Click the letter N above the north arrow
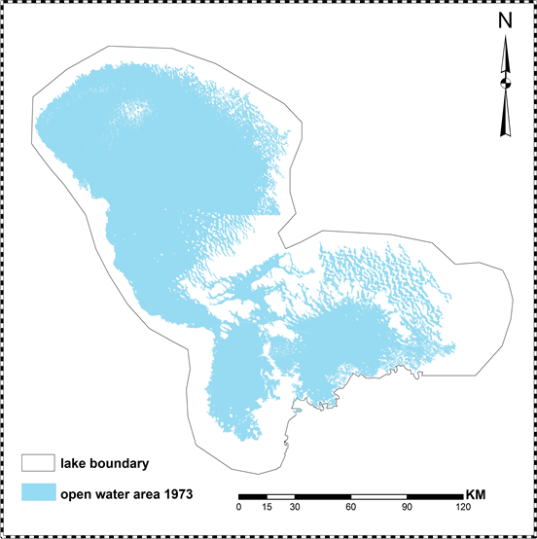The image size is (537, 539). (x=504, y=19)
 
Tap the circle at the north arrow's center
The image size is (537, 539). (x=504, y=85)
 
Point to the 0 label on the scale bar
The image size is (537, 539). (x=239, y=507)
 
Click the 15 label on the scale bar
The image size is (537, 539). (x=268, y=507)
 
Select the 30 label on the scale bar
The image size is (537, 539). (x=295, y=507)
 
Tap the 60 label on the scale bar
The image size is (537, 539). (x=351, y=507)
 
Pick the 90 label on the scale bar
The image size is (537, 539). (x=408, y=507)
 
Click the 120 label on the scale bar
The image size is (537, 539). (x=463, y=507)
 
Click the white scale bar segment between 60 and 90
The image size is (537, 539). (x=379, y=496)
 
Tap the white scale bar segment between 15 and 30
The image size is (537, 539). (x=281, y=496)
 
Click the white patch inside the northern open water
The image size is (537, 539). (x=130, y=116)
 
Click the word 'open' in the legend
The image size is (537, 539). (x=76, y=493)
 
